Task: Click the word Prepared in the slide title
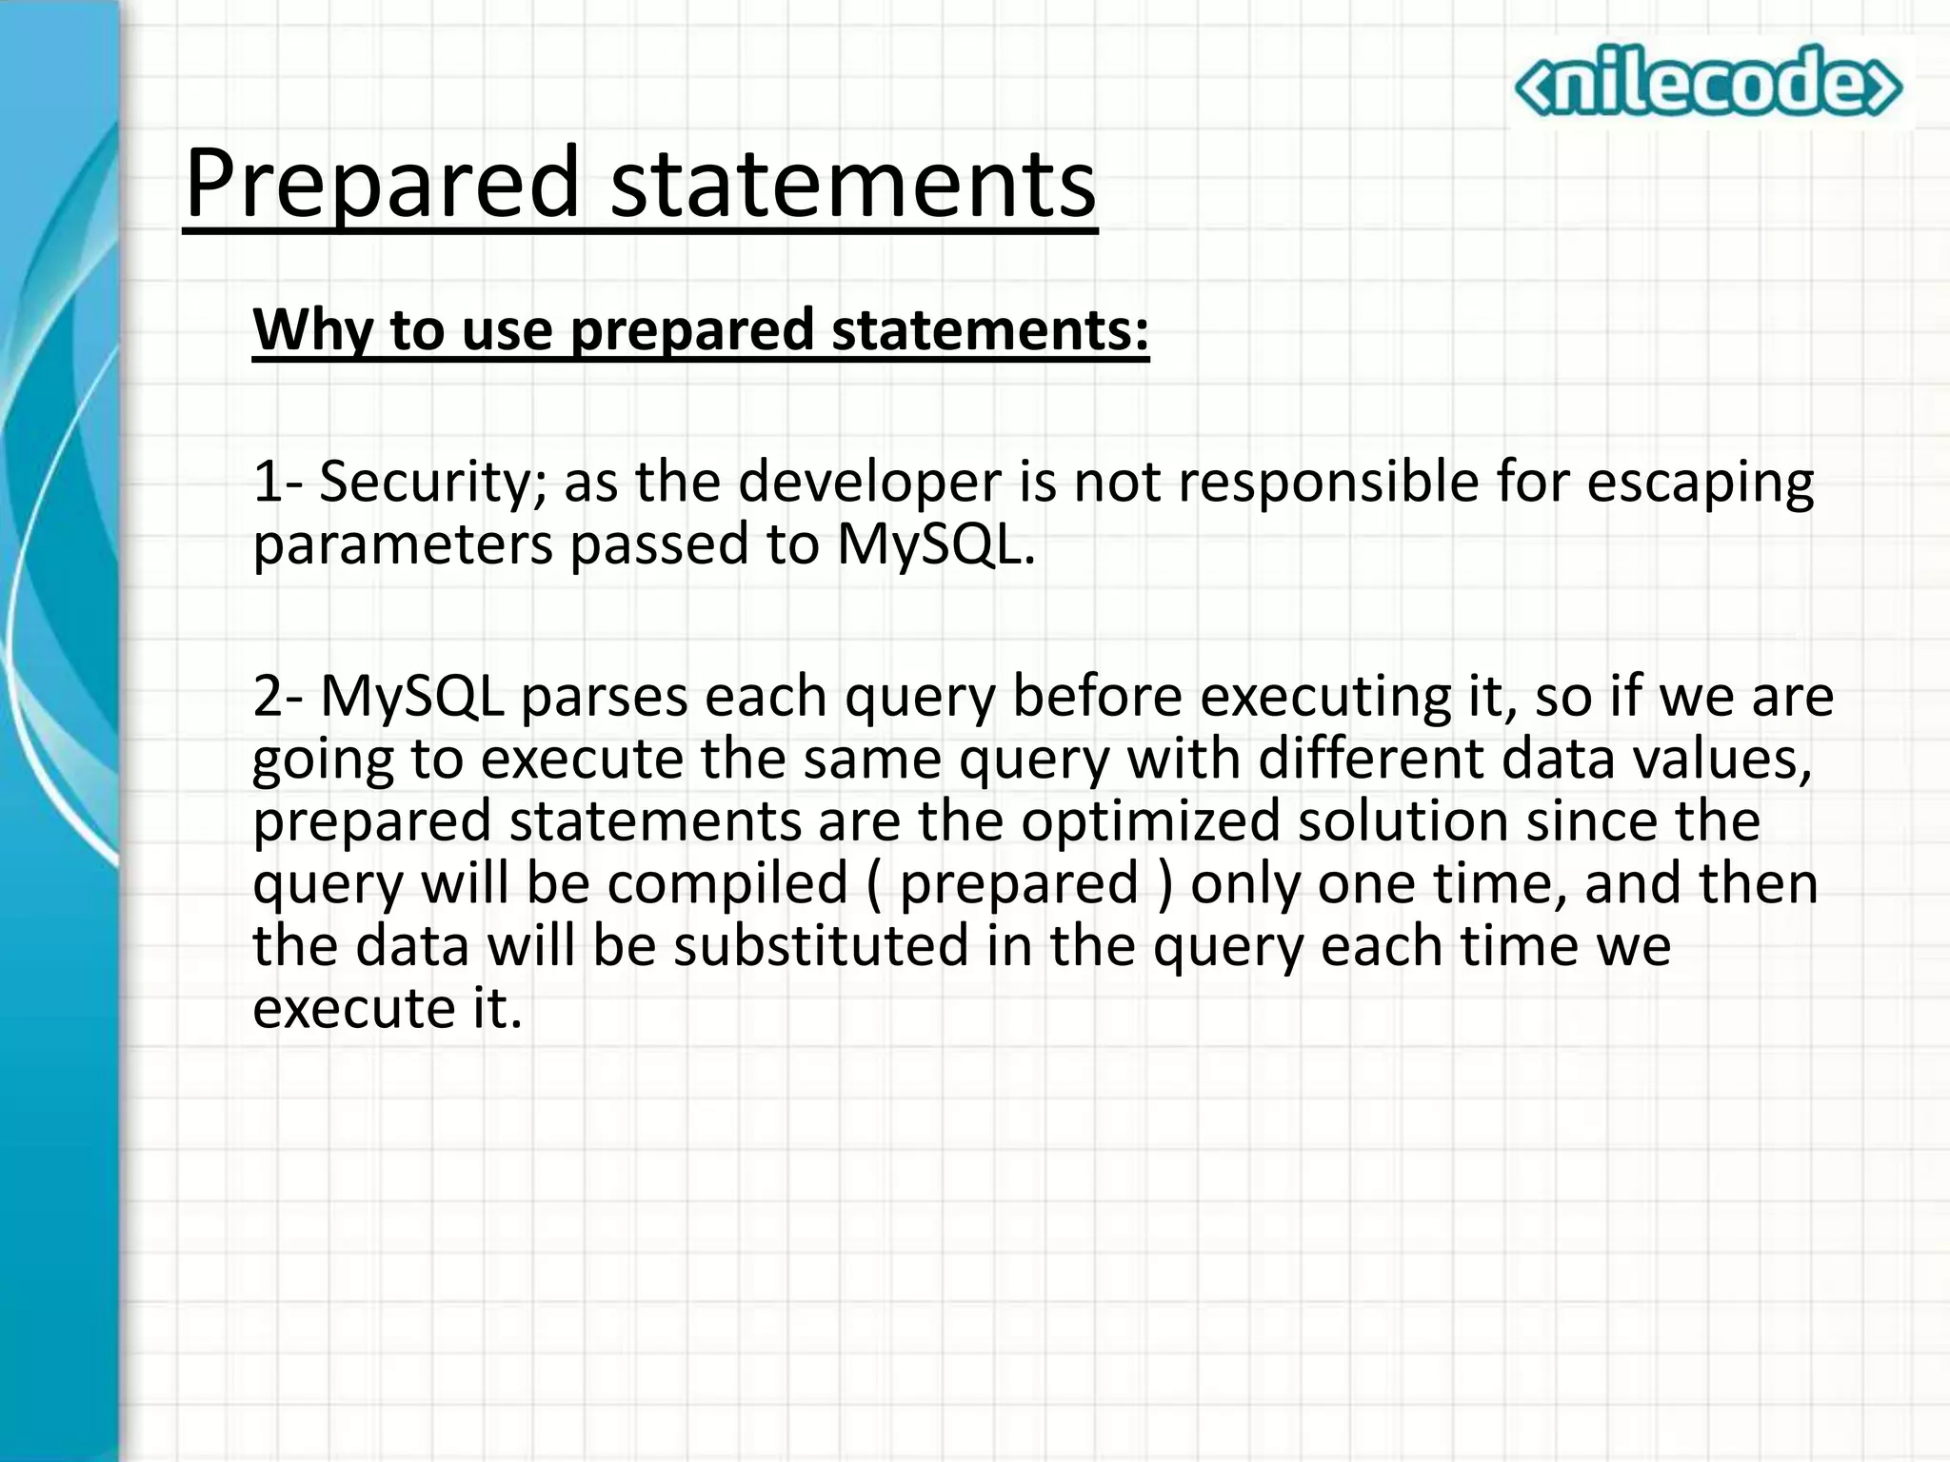(x=381, y=183)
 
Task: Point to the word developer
(x=868, y=482)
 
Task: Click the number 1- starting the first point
(x=277, y=482)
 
